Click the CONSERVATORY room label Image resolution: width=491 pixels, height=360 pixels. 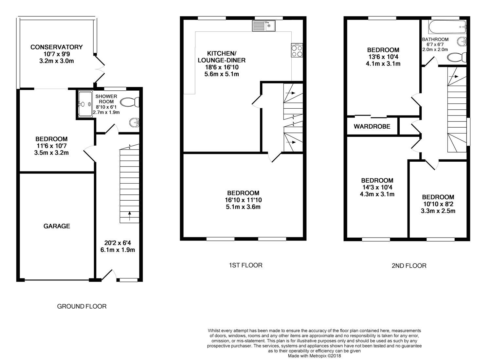click(56, 47)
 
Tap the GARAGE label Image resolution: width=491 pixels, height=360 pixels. click(57, 226)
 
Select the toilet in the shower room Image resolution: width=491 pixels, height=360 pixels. click(130, 103)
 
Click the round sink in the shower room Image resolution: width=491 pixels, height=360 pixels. click(134, 123)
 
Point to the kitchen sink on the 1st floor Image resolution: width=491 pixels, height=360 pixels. click(264, 26)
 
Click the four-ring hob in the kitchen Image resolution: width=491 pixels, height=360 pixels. click(297, 51)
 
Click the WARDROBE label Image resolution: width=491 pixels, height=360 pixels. click(372, 126)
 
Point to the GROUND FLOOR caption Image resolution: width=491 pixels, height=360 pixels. click(82, 306)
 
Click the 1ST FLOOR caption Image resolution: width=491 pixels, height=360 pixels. click(245, 265)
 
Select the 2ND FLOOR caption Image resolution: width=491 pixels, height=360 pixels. click(409, 266)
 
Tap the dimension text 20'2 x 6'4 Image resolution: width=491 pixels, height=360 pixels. click(119, 243)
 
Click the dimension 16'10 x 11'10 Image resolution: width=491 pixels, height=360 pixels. click(243, 200)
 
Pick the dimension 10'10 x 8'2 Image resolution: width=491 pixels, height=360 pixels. click(438, 204)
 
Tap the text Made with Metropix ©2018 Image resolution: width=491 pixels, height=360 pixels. click(314, 356)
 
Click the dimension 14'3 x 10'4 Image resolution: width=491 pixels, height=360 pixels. click(377, 187)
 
